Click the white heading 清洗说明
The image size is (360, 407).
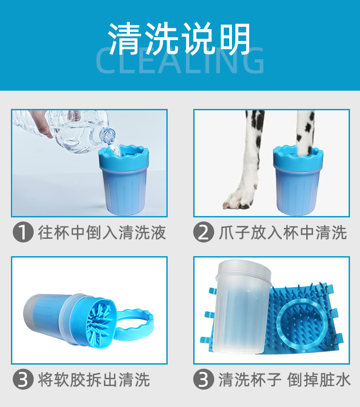tap(180, 39)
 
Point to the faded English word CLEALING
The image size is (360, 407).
tap(180, 61)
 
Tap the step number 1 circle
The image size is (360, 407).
tap(23, 232)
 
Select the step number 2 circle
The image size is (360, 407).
tap(204, 232)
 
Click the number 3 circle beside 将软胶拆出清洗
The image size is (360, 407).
tap(23, 379)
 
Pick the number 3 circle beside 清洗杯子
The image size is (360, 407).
tap(204, 379)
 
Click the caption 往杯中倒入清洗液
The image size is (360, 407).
tap(102, 232)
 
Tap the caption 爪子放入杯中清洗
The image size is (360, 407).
tap(283, 232)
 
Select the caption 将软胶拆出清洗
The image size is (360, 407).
tap(94, 380)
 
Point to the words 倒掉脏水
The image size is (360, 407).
tap(319, 380)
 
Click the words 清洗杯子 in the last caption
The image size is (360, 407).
tap(250, 380)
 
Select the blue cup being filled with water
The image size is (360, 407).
tap(124, 180)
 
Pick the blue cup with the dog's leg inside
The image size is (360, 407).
tap(298, 180)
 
